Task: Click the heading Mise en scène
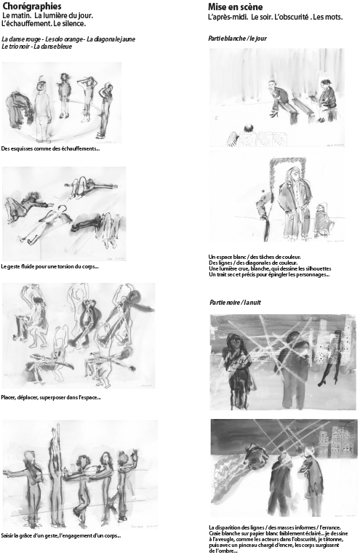coord(236,7)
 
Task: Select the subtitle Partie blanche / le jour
coord(237,39)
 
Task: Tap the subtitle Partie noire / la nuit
coord(235,303)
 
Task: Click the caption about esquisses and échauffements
coord(50,148)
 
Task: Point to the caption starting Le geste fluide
coord(49,266)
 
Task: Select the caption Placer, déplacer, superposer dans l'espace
coord(51,397)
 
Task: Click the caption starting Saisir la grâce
coord(61,535)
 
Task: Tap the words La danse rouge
coord(21,39)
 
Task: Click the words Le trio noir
coord(15,47)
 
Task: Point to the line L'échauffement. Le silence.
coord(44,24)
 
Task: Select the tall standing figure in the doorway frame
coord(293,201)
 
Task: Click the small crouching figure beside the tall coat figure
coord(321,220)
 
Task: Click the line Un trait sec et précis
coord(269,274)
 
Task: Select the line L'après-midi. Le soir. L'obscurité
coord(276,17)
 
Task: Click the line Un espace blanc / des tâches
coord(255,257)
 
